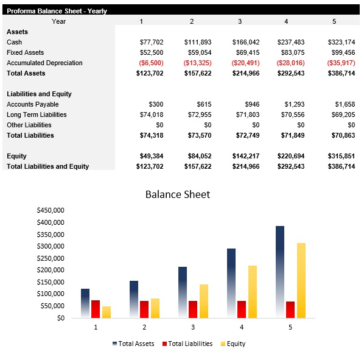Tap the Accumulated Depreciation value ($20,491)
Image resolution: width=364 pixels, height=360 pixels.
coord(245,63)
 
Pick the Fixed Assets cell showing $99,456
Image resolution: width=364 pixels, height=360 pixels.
coord(341,52)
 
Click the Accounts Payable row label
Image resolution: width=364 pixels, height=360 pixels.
coord(32,104)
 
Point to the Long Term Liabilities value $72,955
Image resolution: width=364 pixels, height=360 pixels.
coord(197,115)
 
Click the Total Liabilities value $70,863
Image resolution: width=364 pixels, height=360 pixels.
coord(341,135)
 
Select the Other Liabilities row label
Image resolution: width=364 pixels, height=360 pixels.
coord(29,125)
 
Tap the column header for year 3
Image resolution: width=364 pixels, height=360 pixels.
coord(239,21)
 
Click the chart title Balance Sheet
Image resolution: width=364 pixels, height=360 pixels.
coord(177,194)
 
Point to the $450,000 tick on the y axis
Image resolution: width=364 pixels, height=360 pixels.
coord(51,210)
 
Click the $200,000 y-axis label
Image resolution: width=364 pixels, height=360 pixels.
coord(51,270)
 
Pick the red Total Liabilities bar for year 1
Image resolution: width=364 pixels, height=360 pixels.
coord(96,309)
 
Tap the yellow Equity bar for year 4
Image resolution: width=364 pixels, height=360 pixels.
coord(252,291)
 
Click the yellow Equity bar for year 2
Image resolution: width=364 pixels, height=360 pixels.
coord(155,308)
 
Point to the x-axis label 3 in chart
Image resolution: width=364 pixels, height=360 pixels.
coord(193,327)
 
